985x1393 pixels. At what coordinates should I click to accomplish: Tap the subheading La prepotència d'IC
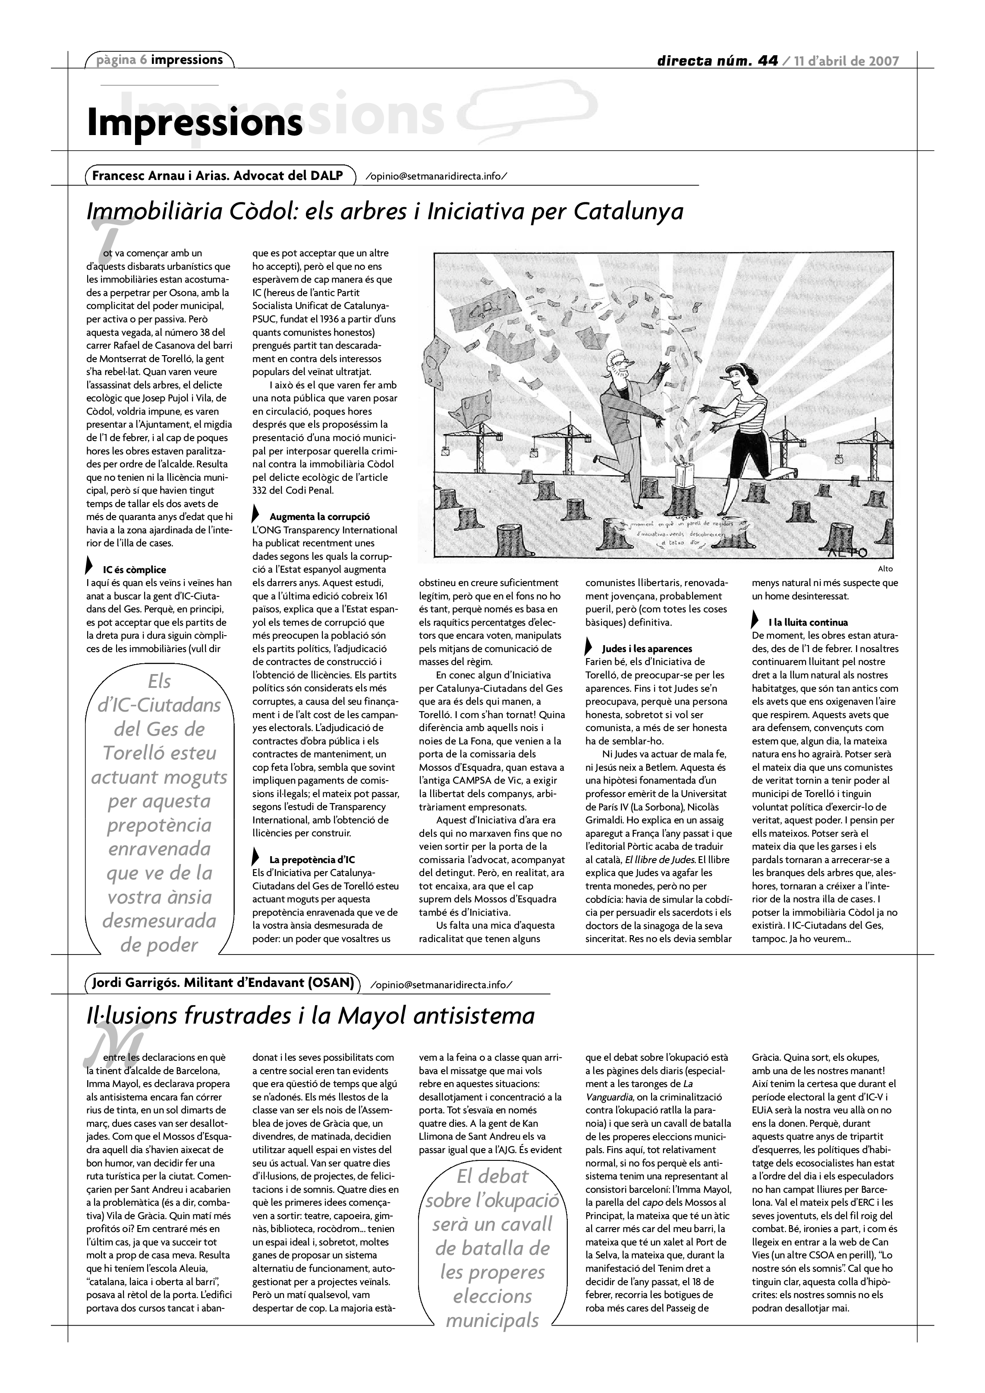pyautogui.click(x=312, y=860)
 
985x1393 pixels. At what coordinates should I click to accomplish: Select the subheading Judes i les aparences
pyautogui.click(x=647, y=649)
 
